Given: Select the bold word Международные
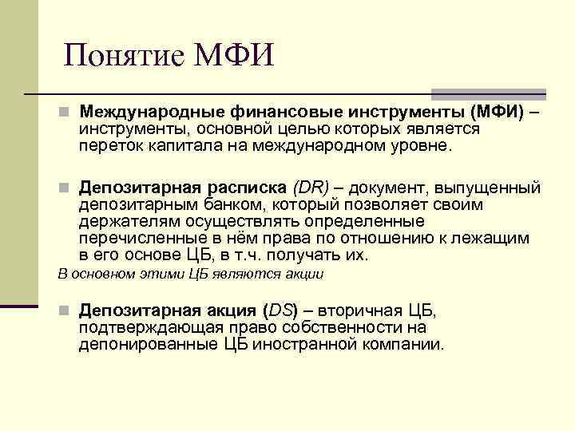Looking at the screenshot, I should pos(150,111).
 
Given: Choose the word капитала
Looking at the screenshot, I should pos(177,146).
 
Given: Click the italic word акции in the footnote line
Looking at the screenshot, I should pos(306,274).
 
